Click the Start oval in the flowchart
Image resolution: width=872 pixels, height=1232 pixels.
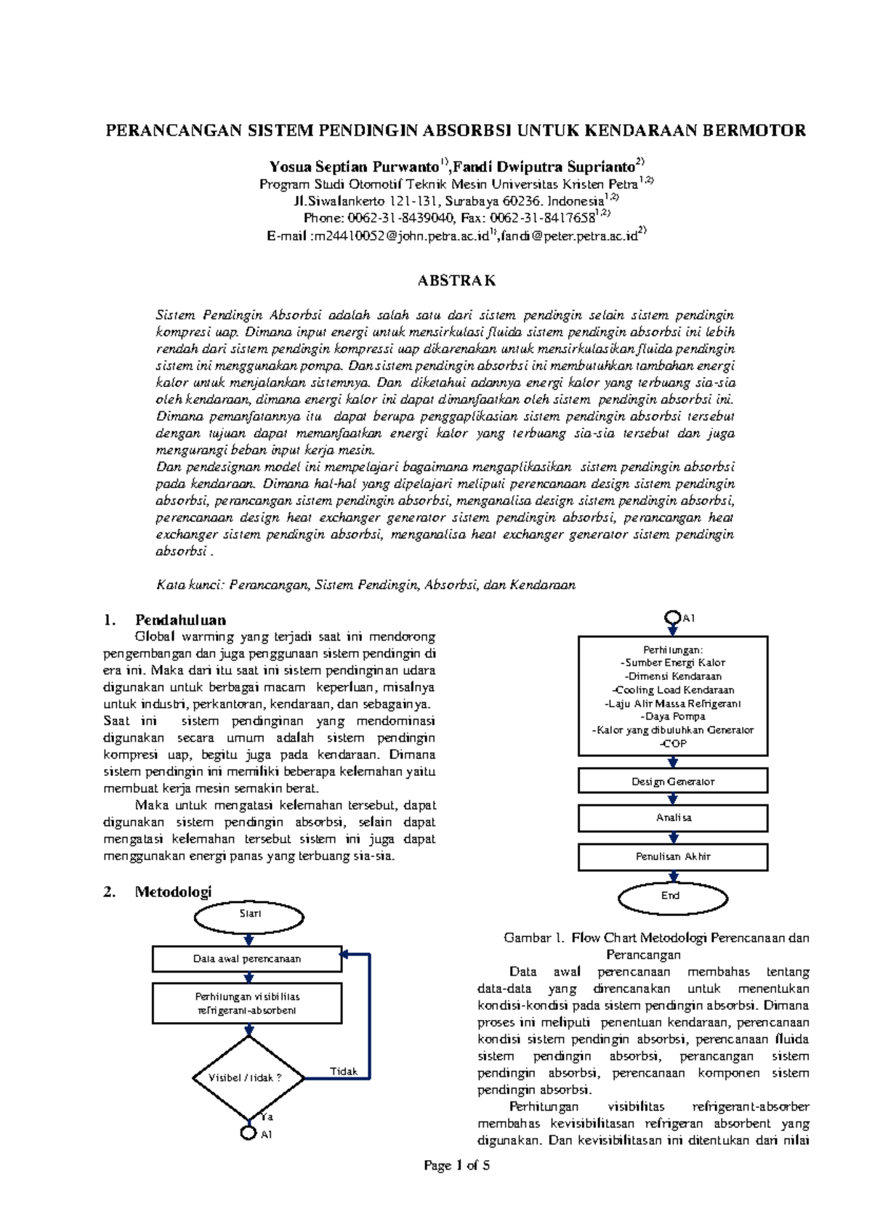pyautogui.click(x=249, y=915)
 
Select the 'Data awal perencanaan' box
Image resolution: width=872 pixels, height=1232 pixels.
pyautogui.click(x=247, y=959)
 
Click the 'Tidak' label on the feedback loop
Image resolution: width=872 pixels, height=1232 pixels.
pyautogui.click(x=344, y=1071)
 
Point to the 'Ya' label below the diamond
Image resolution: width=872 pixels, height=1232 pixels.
pyautogui.click(x=267, y=1117)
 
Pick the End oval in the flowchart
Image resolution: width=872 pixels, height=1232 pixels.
pyautogui.click(x=672, y=896)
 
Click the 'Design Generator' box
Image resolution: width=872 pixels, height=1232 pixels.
pyautogui.click(x=673, y=782)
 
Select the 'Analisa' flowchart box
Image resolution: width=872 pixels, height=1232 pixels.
pyautogui.click(x=673, y=818)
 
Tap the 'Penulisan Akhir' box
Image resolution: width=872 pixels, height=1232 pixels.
pyautogui.click(x=673, y=857)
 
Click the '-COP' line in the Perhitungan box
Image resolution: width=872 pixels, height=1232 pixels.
pyautogui.click(x=673, y=744)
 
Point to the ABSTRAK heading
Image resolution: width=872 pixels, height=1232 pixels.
pyautogui.click(x=456, y=281)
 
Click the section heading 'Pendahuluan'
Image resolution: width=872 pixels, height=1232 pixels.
pyautogui.click(x=180, y=620)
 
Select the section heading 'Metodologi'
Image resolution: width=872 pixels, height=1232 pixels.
pyautogui.click(x=173, y=892)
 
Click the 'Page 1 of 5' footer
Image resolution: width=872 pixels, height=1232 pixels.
pyautogui.click(x=456, y=1166)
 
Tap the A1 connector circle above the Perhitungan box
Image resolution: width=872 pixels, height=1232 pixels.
pyautogui.click(x=673, y=618)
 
